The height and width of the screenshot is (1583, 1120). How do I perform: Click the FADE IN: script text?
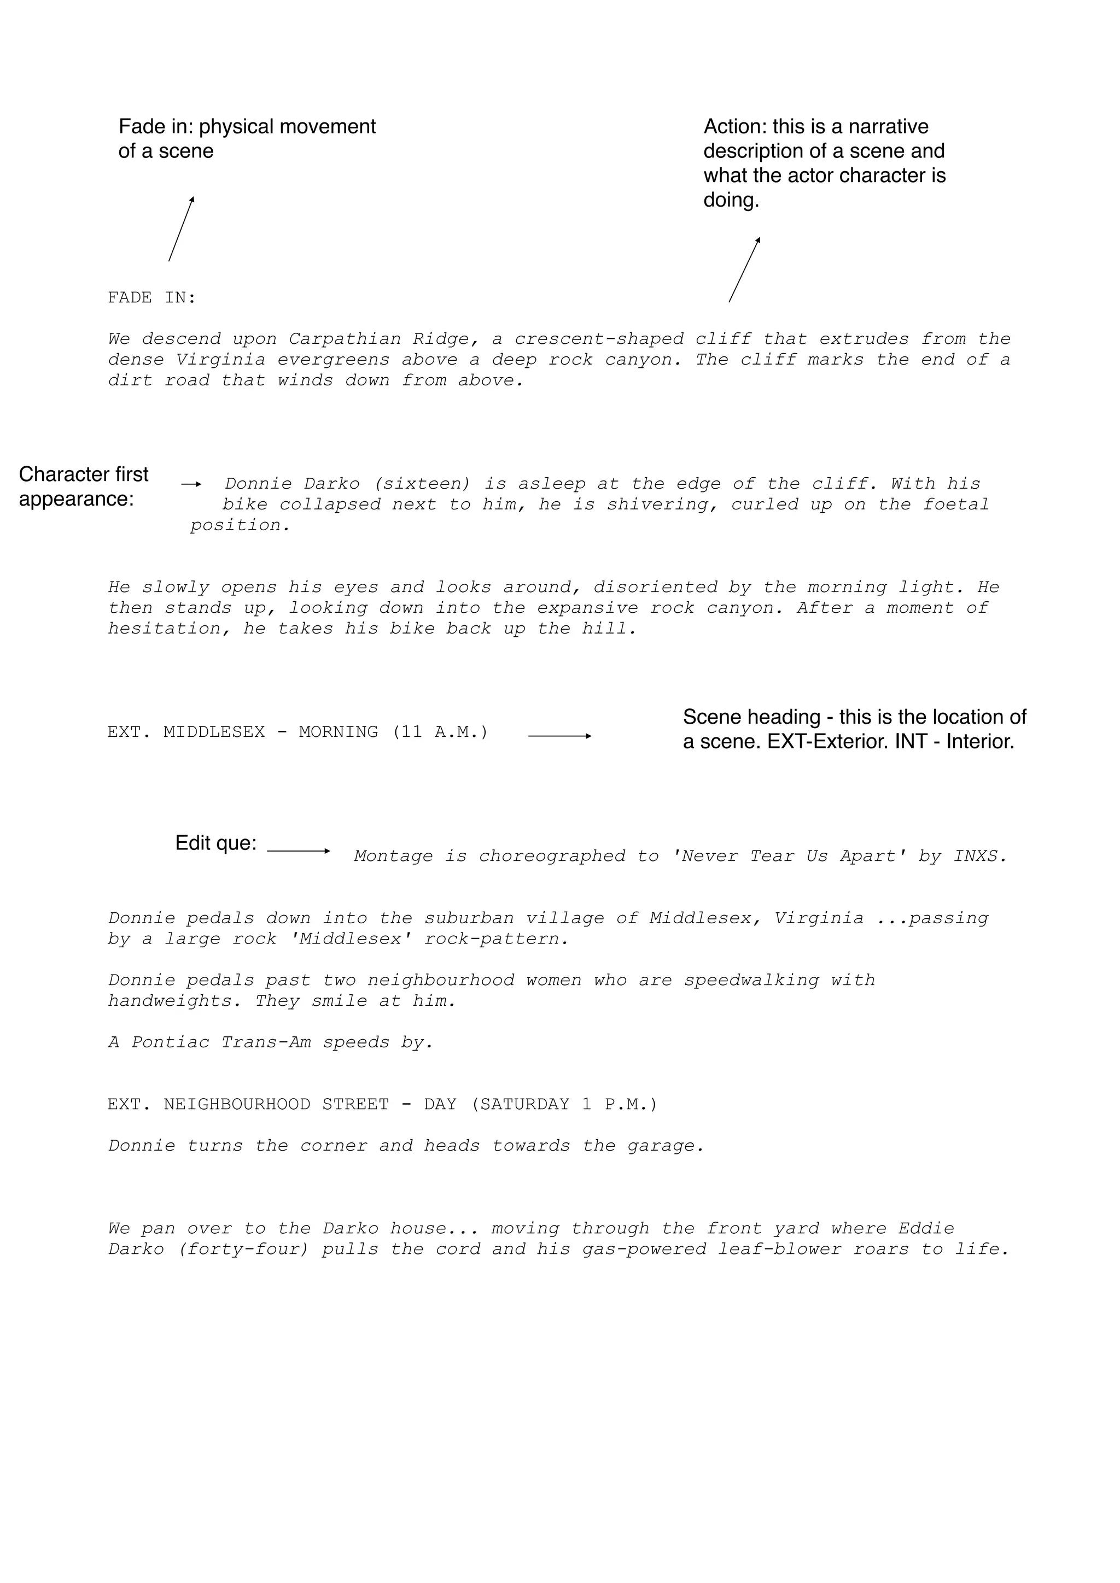pos(151,298)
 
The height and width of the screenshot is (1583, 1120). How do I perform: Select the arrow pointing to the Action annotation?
pos(744,269)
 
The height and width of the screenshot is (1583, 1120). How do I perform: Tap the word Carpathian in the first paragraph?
pos(344,339)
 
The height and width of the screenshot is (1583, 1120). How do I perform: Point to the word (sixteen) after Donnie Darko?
pos(422,484)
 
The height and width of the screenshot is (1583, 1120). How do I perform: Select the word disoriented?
pos(655,588)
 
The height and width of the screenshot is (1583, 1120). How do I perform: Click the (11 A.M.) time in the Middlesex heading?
pos(440,732)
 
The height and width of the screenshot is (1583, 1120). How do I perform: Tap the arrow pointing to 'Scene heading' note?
pos(559,736)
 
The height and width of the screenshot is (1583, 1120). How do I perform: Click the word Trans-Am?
pos(266,1042)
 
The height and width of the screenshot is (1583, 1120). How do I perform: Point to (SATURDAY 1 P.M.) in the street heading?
pos(564,1105)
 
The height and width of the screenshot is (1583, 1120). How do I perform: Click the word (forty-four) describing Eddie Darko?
pos(243,1250)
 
